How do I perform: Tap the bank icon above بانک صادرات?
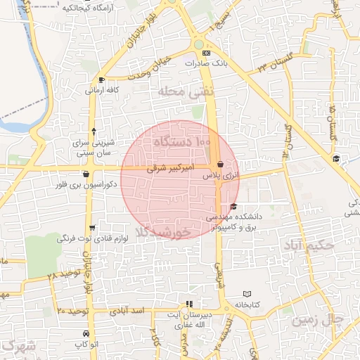click(x=205, y=53)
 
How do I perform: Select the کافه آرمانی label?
click(x=101, y=90)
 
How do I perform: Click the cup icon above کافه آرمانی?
click(x=103, y=79)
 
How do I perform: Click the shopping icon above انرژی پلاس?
click(x=220, y=164)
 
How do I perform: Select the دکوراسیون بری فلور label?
click(x=88, y=184)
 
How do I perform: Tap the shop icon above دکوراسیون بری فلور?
click(x=86, y=174)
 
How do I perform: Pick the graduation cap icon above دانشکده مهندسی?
click(x=233, y=206)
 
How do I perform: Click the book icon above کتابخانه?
click(x=246, y=294)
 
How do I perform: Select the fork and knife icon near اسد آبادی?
click(x=188, y=304)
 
